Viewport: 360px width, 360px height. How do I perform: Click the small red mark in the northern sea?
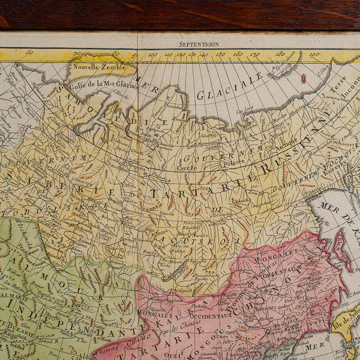pyautogui.click(x=303, y=78)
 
